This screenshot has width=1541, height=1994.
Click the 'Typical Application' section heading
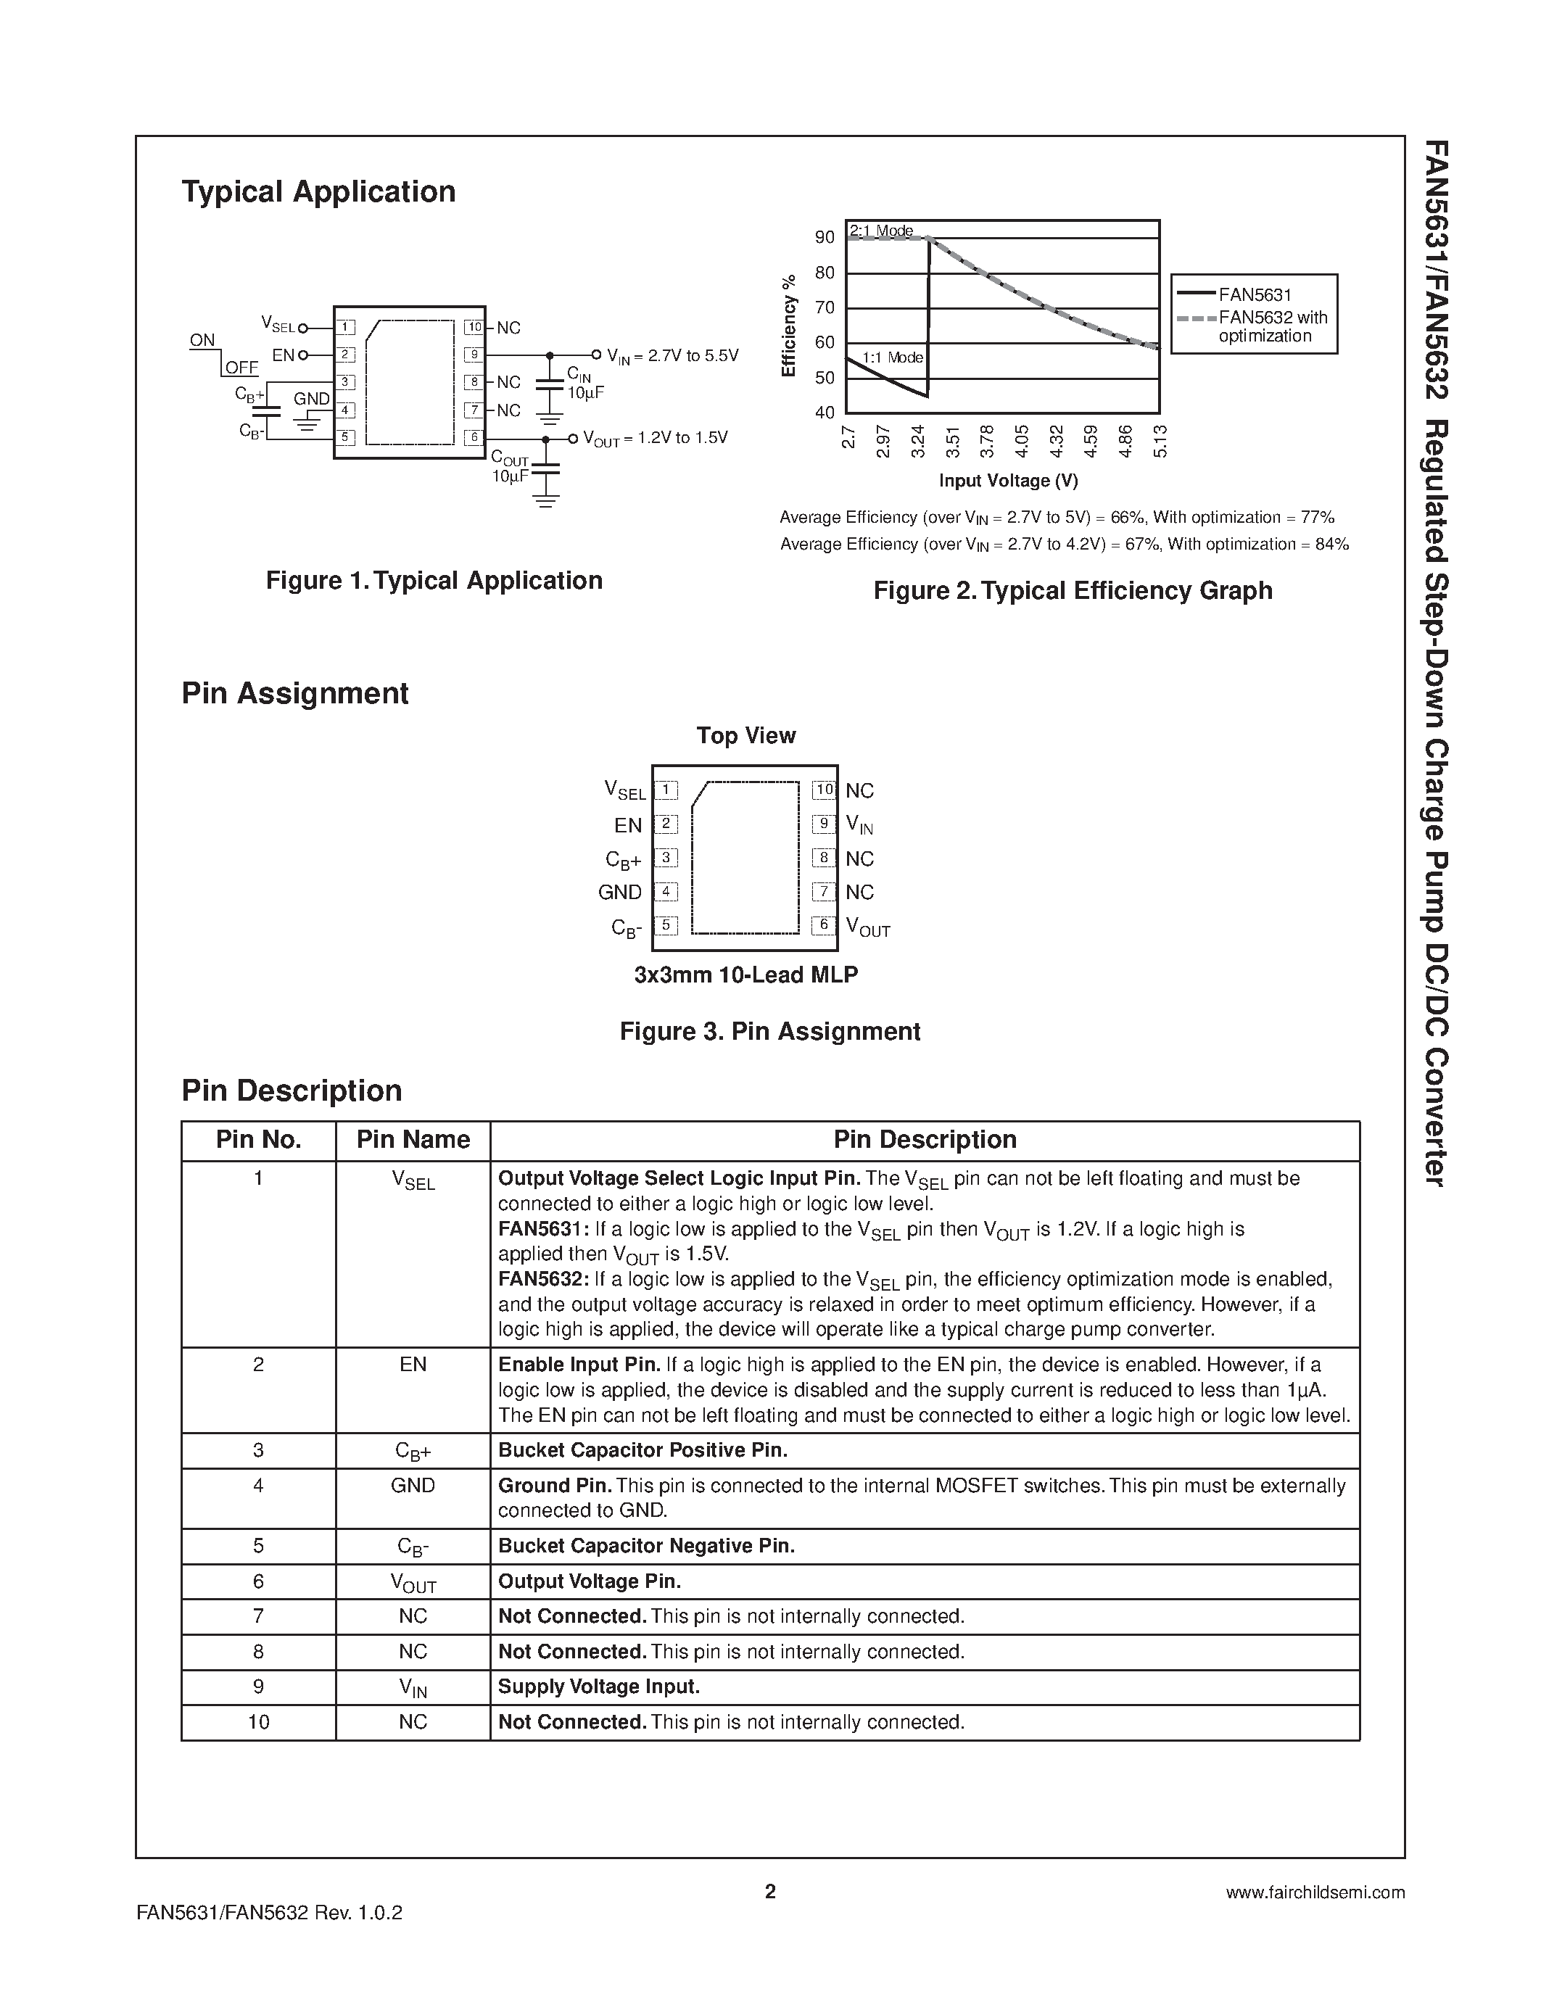318,191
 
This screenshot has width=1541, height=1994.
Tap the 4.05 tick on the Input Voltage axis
1022,441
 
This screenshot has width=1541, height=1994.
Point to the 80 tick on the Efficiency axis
825,273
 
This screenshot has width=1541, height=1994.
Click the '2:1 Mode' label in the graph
881,231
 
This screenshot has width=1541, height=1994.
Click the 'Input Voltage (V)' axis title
1008,480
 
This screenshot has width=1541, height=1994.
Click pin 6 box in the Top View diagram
824,925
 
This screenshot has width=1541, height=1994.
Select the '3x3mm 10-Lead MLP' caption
746,975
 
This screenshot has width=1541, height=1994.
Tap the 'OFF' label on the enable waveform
242,368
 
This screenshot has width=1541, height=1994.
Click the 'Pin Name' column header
413,1141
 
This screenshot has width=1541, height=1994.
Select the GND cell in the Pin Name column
413,1486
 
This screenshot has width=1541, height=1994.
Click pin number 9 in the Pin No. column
258,1687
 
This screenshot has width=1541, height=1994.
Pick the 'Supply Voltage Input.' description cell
599,1687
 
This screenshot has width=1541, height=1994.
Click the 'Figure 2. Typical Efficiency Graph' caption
1073,591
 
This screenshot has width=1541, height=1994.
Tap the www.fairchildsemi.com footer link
1315,1892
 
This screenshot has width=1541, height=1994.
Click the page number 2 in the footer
769,1892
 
